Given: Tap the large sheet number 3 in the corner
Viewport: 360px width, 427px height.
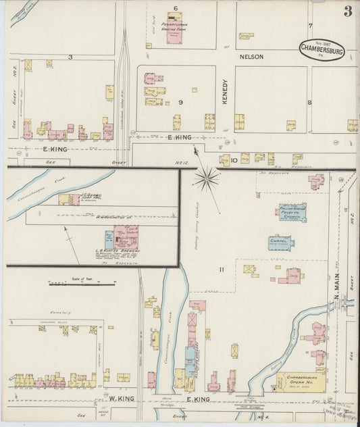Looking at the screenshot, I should (348, 11).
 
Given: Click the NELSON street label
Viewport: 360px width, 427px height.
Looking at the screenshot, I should (251, 57).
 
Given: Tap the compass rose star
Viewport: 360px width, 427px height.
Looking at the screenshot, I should (207, 179).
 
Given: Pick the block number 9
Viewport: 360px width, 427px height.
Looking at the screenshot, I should (181, 102).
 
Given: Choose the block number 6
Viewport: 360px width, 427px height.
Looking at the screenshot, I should (174, 8).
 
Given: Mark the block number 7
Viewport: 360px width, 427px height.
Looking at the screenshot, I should (311, 26).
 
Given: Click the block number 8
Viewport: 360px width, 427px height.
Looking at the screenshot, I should (309, 103).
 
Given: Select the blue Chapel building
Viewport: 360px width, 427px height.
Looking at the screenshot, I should (281, 242).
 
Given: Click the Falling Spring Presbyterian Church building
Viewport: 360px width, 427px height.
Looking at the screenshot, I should (292, 213).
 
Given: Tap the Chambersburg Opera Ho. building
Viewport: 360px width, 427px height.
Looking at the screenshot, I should (301, 380).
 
